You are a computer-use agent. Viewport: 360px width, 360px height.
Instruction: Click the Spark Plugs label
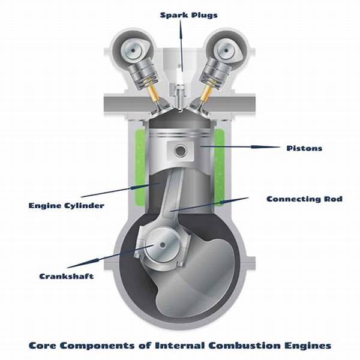pos(189,16)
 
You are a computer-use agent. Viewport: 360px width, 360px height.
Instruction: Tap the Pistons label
pos(304,148)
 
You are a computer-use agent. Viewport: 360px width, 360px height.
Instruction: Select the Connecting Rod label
pos(304,199)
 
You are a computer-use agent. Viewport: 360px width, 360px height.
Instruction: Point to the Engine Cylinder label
pos(67,205)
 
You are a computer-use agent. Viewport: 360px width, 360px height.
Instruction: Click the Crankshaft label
pos(67,276)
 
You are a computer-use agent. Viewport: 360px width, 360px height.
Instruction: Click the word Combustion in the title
pos(245,346)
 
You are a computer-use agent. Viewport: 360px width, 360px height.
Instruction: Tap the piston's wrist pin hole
pos(181,151)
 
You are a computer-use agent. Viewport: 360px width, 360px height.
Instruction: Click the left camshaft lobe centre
pos(133,50)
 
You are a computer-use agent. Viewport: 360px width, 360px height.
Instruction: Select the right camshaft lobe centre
pos(226,50)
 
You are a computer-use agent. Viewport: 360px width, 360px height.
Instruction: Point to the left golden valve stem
pos(153,91)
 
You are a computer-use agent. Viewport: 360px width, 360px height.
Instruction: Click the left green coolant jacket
pos(140,167)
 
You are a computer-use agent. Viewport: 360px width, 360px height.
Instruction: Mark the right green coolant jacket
pos(220,167)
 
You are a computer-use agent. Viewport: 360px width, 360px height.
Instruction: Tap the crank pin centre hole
pos(163,245)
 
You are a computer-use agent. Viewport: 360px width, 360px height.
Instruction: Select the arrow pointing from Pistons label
pos(240,147)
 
